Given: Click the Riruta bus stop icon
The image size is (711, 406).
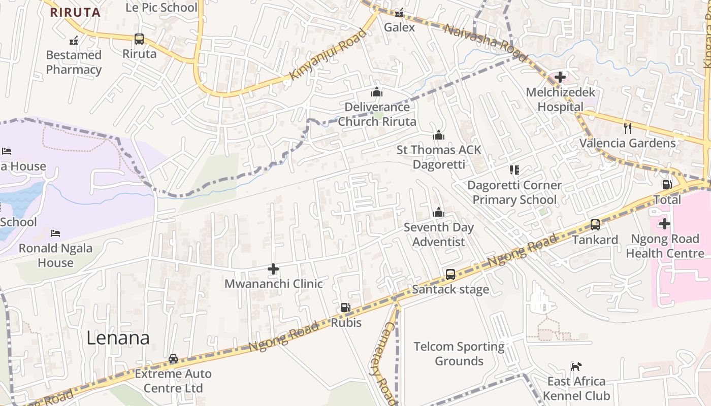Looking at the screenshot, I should pyautogui.click(x=139, y=39).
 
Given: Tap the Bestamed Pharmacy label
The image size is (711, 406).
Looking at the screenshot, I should pyautogui.click(x=74, y=62).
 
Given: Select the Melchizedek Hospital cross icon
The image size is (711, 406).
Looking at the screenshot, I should pyautogui.click(x=560, y=77).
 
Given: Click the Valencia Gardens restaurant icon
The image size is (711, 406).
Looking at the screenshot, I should pyautogui.click(x=628, y=128).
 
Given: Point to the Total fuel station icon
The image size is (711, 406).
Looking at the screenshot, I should pyautogui.click(x=667, y=185).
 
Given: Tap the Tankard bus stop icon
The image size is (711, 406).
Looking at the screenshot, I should pyautogui.click(x=595, y=224).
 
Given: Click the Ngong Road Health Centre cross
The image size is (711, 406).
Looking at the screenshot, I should pyautogui.click(x=664, y=223).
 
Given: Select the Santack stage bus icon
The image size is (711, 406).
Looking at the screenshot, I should pyautogui.click(x=450, y=275).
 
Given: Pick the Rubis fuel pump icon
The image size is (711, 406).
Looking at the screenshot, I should pyautogui.click(x=345, y=308).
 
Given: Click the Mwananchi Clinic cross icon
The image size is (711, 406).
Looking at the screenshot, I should pyautogui.click(x=273, y=268).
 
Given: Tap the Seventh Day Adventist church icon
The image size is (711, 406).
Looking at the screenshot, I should pyautogui.click(x=438, y=212).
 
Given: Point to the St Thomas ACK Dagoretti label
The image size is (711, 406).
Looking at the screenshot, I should pyautogui.click(x=438, y=157).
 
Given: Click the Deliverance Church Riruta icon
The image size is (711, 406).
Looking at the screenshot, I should pyautogui.click(x=376, y=92).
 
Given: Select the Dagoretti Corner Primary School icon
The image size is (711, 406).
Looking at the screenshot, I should pyautogui.click(x=514, y=170).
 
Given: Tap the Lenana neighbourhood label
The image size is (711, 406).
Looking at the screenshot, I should pyautogui.click(x=118, y=338).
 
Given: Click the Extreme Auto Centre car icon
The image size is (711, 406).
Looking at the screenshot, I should pyautogui.click(x=173, y=359).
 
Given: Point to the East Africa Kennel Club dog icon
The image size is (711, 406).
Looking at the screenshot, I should pyautogui.click(x=576, y=366).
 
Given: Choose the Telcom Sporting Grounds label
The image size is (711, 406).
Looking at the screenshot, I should pyautogui.click(x=459, y=354).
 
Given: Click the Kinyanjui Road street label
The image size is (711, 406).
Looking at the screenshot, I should pyautogui.click(x=328, y=54).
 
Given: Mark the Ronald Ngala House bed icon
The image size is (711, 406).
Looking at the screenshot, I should pyautogui.click(x=55, y=233).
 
